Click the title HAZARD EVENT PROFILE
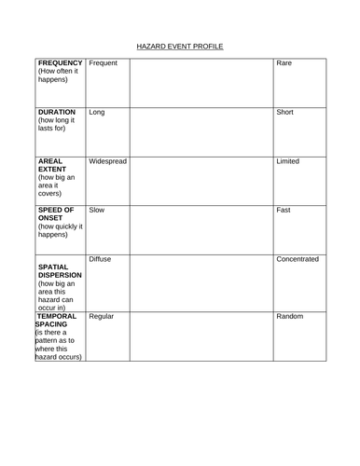(180, 46)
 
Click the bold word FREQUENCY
(61, 63)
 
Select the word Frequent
(104, 63)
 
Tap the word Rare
(285, 63)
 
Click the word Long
(97, 112)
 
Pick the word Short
(286, 112)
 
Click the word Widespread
(107, 161)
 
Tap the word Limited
(289, 161)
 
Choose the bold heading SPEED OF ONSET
(57, 215)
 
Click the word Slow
(97, 211)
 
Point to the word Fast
(284, 211)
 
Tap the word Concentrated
(298, 259)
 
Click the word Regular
(102, 316)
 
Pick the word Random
(291, 316)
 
